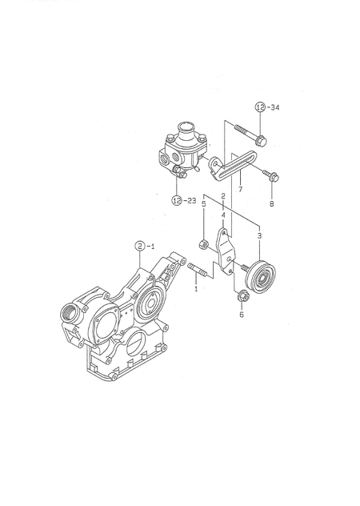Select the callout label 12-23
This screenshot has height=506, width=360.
[183, 201]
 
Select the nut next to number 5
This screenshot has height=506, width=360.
[204, 243]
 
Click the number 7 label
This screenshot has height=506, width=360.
[239, 190]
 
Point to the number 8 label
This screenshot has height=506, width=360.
[271, 204]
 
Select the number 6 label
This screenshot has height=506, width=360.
[241, 315]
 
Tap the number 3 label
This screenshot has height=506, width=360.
[258, 236]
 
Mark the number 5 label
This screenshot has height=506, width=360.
[204, 205]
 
